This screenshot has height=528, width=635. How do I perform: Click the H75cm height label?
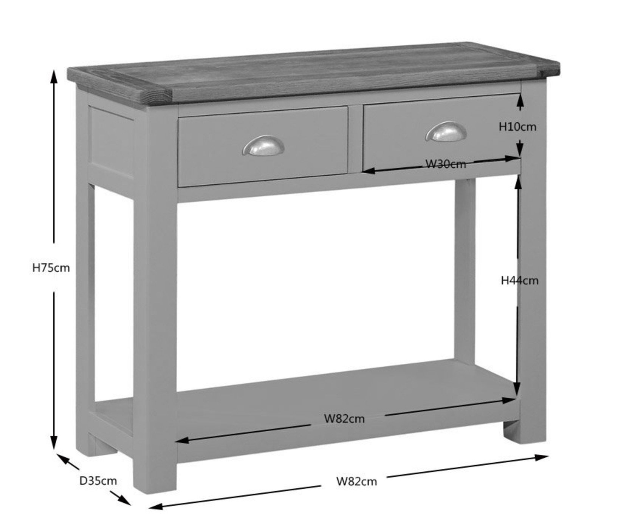pos(51,268)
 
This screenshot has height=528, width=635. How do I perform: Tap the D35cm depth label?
pos(98,481)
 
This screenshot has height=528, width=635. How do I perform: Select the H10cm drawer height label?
pos(517,127)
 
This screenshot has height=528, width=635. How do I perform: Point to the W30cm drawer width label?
pos(446,164)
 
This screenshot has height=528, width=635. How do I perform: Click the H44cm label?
pos(519,281)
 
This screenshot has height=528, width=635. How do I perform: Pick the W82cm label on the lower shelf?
pos(344,418)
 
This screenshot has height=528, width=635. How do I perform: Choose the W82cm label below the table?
pos(356,481)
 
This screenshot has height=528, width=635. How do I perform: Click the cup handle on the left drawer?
pos(263,145)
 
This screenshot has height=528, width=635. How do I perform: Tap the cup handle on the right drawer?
pos(446,131)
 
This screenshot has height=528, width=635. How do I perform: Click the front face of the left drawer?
pos(263,146)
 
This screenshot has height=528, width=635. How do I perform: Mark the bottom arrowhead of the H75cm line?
pos(54,443)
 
